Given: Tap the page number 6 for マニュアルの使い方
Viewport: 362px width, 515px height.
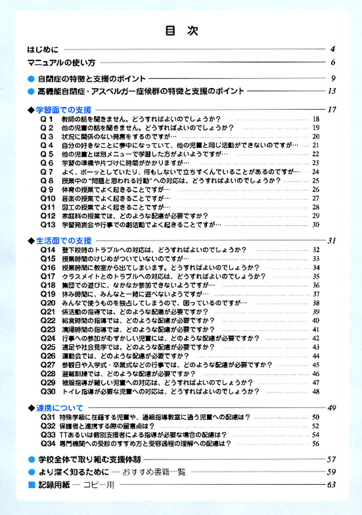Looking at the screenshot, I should [x=332, y=62].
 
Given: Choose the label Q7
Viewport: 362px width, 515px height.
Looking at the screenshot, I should [x=47, y=171].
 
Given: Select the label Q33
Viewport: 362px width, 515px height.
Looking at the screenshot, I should [x=48, y=434].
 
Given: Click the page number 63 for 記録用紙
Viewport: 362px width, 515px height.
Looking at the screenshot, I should [x=331, y=485].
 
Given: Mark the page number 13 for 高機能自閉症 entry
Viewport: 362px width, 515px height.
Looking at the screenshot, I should [x=331, y=92].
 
